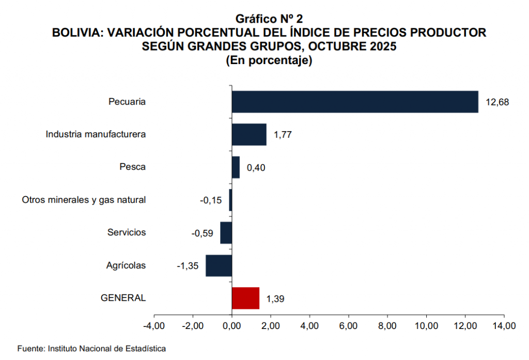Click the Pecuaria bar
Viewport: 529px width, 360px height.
pyautogui.click(x=354, y=102)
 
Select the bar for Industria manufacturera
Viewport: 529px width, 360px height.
pyautogui.click(x=249, y=134)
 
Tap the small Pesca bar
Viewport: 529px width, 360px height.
pyautogui.click(x=236, y=167)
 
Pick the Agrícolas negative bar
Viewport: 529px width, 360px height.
pyautogui.click(x=219, y=265)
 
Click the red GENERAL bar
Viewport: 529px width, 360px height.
pyautogui.click(x=245, y=298)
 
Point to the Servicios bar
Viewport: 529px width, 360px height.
pyautogui.click(x=226, y=233)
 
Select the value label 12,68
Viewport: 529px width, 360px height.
pyautogui.click(x=497, y=102)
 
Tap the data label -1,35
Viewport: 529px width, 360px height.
pyautogui.click(x=188, y=266)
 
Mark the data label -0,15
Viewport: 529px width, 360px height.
pyautogui.click(x=211, y=200)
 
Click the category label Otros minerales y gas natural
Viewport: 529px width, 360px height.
pyautogui.click(x=84, y=200)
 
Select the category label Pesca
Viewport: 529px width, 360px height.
pyautogui.click(x=132, y=167)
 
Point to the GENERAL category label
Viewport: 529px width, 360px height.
pyautogui.click(x=123, y=298)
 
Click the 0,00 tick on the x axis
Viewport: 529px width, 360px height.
pyautogui.click(x=232, y=326)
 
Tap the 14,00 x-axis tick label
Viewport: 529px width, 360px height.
pyautogui.click(x=504, y=326)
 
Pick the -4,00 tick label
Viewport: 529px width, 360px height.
pyautogui.click(x=153, y=326)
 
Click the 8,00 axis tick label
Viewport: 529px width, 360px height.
pyautogui.click(x=387, y=326)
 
